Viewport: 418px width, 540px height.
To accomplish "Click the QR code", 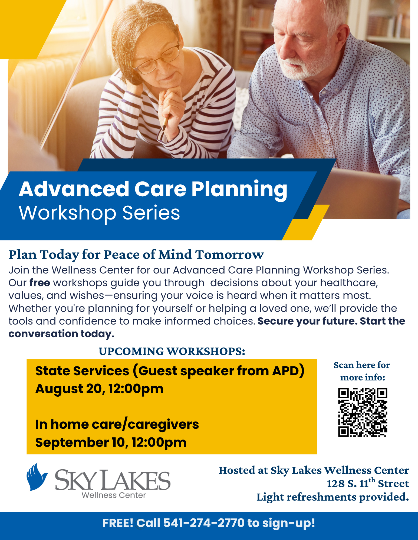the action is (x=363, y=412).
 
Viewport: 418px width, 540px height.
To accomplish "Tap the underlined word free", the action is (x=40, y=283).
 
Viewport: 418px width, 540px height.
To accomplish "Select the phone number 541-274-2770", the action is (x=204, y=523).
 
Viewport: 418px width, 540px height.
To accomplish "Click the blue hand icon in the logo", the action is (x=37, y=477).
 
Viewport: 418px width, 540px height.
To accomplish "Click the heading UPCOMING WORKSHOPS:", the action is (x=172, y=351).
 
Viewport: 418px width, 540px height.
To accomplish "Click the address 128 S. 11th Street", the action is (x=368, y=483).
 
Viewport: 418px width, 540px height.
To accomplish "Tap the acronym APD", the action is (x=288, y=371).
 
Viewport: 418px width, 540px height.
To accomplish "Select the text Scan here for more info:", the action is (x=362, y=371).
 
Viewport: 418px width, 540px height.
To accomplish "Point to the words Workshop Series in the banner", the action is (x=99, y=213).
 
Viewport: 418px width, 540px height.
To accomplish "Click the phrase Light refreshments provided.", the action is (x=333, y=497).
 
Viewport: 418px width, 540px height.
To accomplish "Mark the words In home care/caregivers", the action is (x=117, y=425).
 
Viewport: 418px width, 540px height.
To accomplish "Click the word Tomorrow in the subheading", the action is (x=229, y=255).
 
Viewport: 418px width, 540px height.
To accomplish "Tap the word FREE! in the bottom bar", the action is (x=118, y=523).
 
